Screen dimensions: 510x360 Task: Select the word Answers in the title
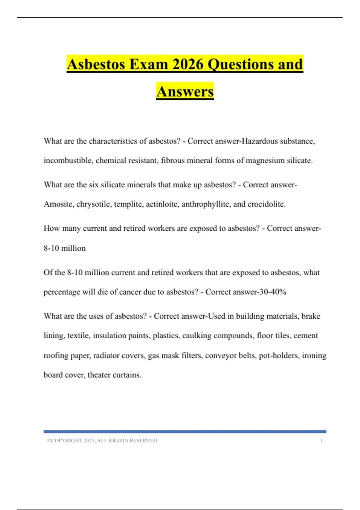[x=185, y=91]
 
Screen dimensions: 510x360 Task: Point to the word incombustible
[x=68, y=160]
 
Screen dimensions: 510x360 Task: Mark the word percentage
[x=61, y=292]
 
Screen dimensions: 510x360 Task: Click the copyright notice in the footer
[x=102, y=441]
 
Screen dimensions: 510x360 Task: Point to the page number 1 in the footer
[x=321, y=441]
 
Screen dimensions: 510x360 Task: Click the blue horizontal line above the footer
[x=185, y=432]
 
